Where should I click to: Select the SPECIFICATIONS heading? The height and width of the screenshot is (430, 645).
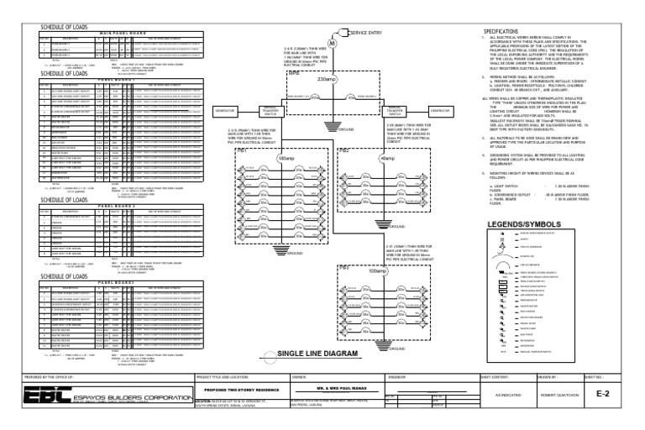pos(515,29)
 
